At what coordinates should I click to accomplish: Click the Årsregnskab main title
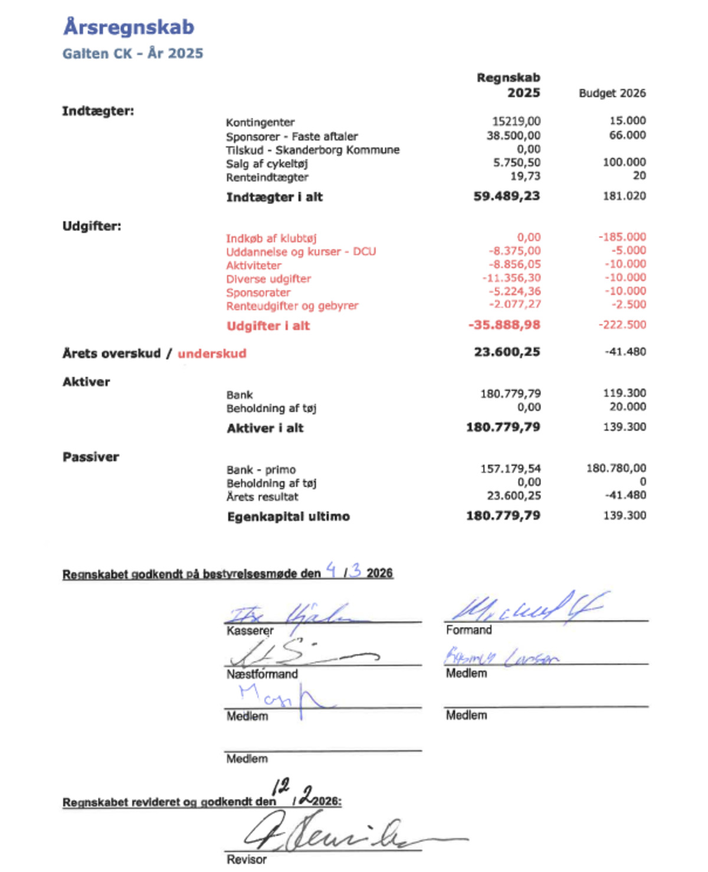[x=129, y=27]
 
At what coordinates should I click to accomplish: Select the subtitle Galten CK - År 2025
[x=133, y=54]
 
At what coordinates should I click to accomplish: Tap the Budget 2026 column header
[x=612, y=93]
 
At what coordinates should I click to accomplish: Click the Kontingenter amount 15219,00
[x=516, y=122]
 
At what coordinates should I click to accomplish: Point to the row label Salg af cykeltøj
[x=267, y=164]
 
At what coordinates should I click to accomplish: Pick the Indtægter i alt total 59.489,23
[x=506, y=196]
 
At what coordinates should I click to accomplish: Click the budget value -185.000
[x=622, y=237]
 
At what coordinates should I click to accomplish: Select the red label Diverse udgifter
[x=268, y=279]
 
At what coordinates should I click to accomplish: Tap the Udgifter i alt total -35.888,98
[x=504, y=325]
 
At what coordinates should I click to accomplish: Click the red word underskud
[x=212, y=354]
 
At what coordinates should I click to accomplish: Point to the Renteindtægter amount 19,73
[x=525, y=176]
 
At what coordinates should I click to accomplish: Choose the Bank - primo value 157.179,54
[x=510, y=469]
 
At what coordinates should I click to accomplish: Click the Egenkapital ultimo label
[x=289, y=517]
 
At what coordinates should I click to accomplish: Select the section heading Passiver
[x=91, y=457]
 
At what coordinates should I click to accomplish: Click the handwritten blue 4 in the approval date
[x=332, y=570]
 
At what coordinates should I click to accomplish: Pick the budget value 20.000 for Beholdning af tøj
[x=627, y=407]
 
